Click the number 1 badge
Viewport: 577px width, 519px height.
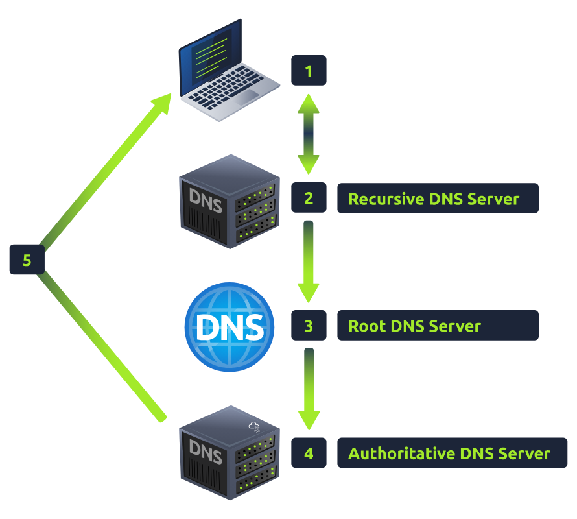point(309,71)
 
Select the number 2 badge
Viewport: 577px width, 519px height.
point(309,198)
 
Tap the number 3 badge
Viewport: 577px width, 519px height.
point(309,325)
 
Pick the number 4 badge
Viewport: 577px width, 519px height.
point(309,453)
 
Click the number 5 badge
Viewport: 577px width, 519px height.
point(27,260)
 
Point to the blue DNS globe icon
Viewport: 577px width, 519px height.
point(230,326)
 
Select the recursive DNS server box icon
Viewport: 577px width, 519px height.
point(229,201)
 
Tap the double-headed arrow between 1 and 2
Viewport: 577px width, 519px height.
point(309,134)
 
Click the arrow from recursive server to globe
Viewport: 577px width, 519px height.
point(309,261)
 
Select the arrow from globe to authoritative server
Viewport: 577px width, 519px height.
point(309,388)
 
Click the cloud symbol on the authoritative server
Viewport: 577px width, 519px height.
point(254,426)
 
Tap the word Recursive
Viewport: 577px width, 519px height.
point(386,199)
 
